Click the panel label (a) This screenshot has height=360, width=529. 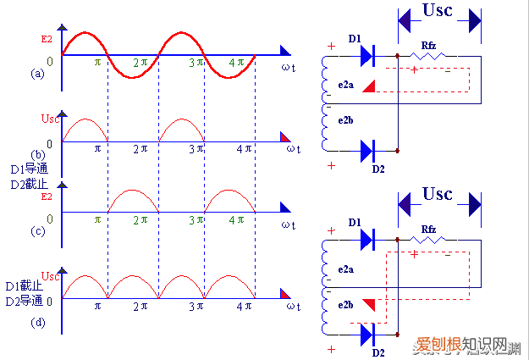(37, 74)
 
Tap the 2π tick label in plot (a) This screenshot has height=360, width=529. (141, 63)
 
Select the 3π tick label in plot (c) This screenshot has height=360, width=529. (196, 219)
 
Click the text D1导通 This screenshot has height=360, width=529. (24, 169)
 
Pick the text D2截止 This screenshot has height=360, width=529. (24, 182)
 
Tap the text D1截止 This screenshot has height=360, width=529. (24, 286)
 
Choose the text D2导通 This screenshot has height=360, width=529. (24, 301)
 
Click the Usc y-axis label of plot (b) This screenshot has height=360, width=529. (50, 118)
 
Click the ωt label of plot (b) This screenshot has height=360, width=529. (292, 150)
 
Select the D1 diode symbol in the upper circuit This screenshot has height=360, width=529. (366, 56)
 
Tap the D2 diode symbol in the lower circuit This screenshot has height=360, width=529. (366, 335)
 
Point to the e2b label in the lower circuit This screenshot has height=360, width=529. (345, 304)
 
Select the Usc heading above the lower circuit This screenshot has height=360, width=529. (438, 194)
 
